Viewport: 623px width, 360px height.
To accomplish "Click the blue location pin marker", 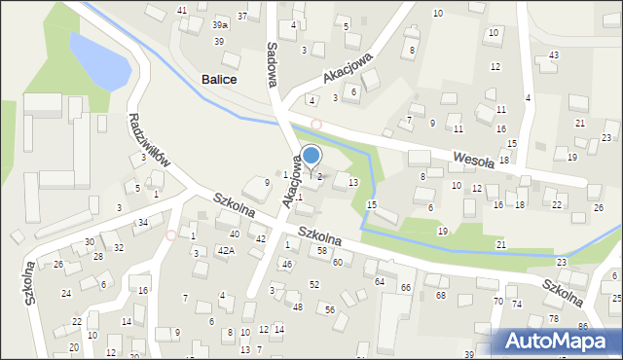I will tap(311, 157).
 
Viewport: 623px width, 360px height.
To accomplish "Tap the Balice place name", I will tap(221, 80).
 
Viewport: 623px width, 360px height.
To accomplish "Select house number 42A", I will tap(225, 251).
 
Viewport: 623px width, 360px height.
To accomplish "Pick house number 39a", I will tap(221, 23).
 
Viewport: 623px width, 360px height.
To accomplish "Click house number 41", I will tap(182, 10).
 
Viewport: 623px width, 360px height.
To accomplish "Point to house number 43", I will tap(553, 54).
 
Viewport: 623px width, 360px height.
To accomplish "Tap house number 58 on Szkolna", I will tap(321, 251).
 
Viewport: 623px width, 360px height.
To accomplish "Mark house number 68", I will tap(440, 295).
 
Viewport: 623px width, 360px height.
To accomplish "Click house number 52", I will tap(314, 284).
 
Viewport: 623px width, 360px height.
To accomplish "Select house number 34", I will tap(142, 223).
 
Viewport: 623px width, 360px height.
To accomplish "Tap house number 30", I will tap(89, 241).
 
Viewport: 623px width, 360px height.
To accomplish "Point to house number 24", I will tap(66, 293).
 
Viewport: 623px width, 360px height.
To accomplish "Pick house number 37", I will tap(241, 17).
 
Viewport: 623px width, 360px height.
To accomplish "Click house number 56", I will tap(330, 309).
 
